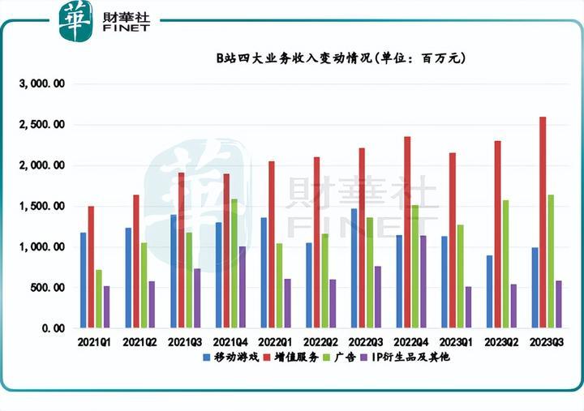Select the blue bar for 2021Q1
pyautogui.click(x=83, y=280)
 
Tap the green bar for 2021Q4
pyautogui.click(x=234, y=263)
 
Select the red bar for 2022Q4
pyautogui.click(x=407, y=232)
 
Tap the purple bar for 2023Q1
pyautogui.click(x=467, y=307)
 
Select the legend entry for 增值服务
pyautogui.click(x=296, y=357)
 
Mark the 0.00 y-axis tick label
pyautogui.click(x=52, y=328)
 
